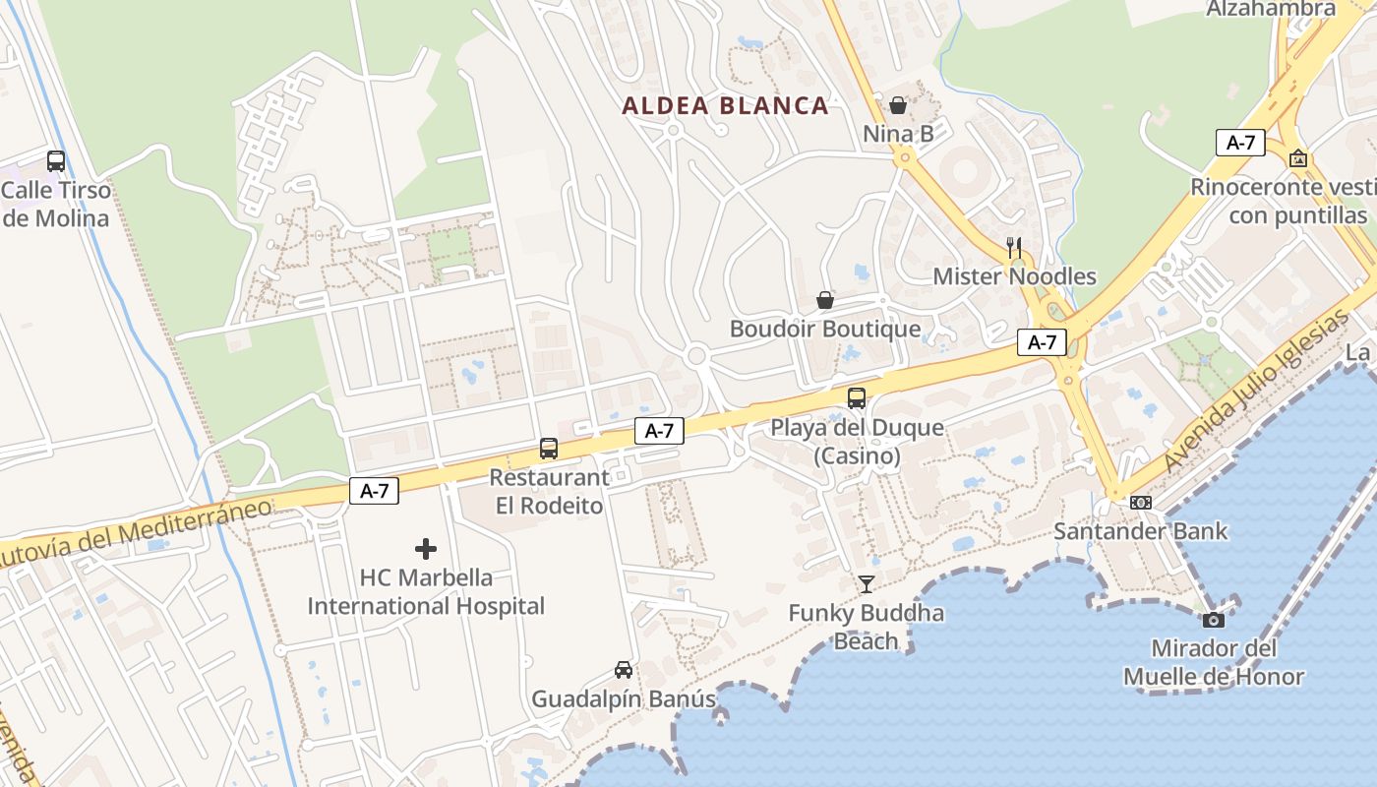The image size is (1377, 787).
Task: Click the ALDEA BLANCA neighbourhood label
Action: click(725, 106)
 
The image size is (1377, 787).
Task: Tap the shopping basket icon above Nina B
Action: click(898, 104)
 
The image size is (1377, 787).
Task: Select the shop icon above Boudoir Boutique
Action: click(825, 300)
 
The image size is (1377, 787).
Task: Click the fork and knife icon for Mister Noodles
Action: click(1014, 248)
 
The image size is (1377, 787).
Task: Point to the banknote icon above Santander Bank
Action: click(1140, 503)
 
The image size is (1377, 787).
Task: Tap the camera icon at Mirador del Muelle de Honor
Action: click(1214, 620)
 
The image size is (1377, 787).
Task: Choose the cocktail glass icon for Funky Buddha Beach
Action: click(866, 584)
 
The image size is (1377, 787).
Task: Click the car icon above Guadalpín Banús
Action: click(623, 670)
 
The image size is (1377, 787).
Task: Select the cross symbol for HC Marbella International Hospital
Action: click(426, 549)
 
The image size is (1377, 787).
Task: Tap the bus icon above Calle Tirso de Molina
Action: click(56, 161)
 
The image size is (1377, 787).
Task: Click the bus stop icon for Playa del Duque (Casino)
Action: click(857, 398)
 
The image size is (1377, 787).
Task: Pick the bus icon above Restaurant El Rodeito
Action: click(549, 449)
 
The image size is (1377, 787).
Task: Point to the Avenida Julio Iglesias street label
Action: click(1255, 393)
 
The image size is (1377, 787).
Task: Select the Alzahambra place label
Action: click(1271, 9)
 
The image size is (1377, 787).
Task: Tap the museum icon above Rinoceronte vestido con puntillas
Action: click(1298, 158)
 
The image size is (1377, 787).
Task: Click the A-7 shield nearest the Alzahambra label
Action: click(1240, 143)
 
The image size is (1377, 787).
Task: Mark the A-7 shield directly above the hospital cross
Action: click(374, 491)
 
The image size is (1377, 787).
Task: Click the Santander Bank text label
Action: click(1141, 531)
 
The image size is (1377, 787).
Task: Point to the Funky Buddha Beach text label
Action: click(866, 627)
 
